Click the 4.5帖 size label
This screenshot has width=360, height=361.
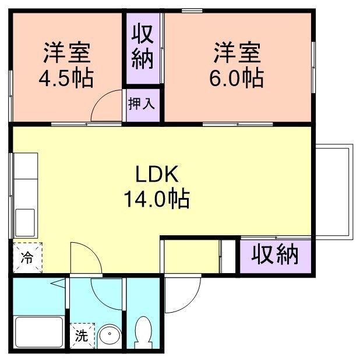pos(66,77)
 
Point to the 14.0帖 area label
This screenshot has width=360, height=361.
pos(156,200)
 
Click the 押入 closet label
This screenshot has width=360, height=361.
pos(141,104)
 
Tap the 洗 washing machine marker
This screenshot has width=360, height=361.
pos(82,336)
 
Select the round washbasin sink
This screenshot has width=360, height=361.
pos(109,337)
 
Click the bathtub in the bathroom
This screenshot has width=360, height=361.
pos(37,332)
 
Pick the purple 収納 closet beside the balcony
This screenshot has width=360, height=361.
pos(275,254)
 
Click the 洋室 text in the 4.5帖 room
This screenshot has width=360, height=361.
pos(66,53)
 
